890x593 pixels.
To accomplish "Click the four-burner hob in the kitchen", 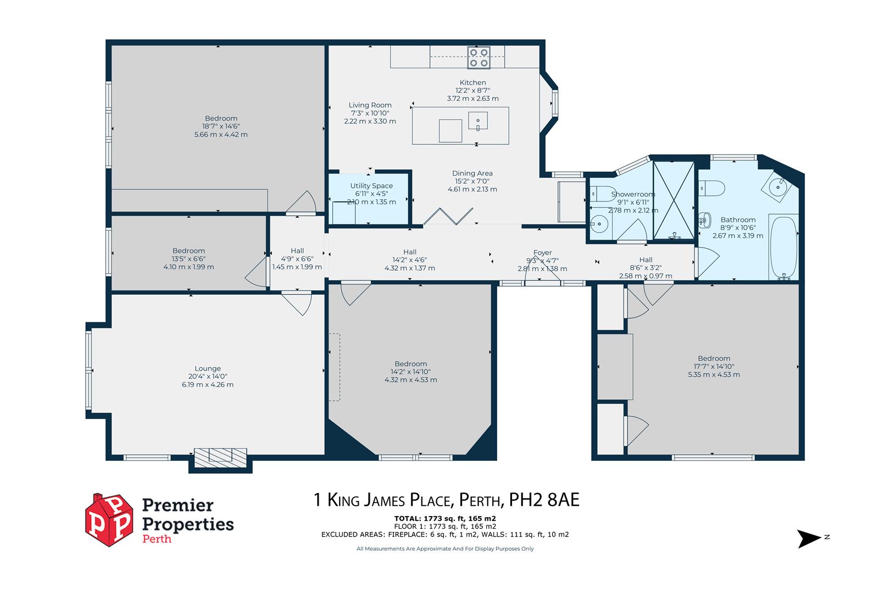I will tap(479, 58).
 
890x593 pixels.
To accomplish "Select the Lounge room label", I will tap(208, 368).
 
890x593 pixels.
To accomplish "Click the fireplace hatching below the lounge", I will tap(220, 456).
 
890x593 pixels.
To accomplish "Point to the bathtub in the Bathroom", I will tap(783, 247).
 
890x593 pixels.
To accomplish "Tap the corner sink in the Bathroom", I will tap(778, 186).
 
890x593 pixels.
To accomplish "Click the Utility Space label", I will tap(371, 186).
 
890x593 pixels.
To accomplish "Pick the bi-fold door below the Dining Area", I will tap(448, 216).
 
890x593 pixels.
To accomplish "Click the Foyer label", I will tap(542, 253).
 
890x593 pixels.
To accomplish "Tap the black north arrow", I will tap(809, 538).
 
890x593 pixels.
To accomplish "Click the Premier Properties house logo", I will tap(109, 519).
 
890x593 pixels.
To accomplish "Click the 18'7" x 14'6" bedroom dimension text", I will tap(221, 126).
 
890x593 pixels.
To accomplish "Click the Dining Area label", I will tap(472, 174).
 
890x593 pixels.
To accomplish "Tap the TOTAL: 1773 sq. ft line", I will tap(445, 518).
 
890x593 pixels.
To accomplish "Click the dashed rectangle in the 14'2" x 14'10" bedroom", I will tap(335, 367).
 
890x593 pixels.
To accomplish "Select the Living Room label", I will tap(370, 105).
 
